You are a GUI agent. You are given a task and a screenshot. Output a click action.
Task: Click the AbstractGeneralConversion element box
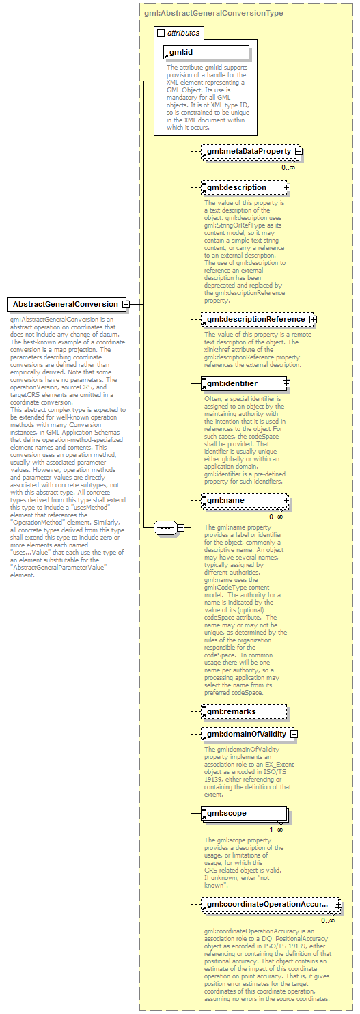click(65, 304)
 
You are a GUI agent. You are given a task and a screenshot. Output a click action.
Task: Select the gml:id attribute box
click(206, 53)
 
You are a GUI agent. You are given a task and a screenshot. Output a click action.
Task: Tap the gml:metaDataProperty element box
click(247, 150)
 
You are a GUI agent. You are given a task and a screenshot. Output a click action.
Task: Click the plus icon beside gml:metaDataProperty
click(299, 150)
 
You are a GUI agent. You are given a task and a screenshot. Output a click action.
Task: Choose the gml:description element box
click(241, 187)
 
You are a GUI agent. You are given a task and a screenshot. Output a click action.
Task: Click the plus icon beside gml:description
click(286, 187)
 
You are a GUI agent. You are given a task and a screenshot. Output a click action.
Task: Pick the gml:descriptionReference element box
click(254, 319)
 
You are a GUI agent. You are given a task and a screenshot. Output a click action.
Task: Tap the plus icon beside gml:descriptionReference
click(313, 319)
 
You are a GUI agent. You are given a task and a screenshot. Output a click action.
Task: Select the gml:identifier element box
click(241, 383)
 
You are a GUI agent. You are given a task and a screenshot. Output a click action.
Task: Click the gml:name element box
click(241, 501)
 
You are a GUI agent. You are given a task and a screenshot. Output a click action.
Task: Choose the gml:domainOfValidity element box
click(245, 735)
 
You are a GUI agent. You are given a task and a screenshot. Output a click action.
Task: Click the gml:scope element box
click(243, 814)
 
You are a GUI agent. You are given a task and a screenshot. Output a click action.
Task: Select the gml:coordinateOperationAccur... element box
click(266, 905)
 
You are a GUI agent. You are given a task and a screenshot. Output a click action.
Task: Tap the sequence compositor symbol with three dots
click(165, 527)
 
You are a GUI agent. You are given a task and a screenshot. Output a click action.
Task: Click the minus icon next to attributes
click(160, 32)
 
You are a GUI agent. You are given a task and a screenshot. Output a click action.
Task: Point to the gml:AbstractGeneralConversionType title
click(214, 13)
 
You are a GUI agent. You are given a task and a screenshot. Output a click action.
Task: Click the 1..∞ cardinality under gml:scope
click(276, 830)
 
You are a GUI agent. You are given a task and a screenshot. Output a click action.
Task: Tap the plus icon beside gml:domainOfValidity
click(294, 735)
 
